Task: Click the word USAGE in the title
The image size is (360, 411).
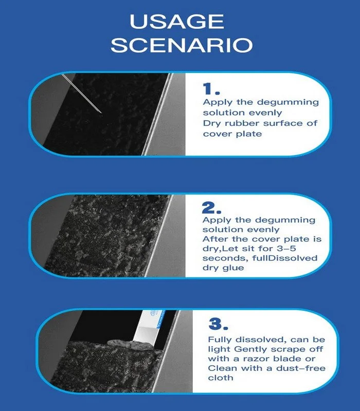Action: point(177,22)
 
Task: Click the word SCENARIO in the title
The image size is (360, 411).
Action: point(182,45)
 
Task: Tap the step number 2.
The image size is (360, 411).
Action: point(211,208)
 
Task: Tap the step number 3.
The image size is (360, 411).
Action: point(218,324)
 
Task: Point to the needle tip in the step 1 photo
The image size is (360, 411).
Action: point(101,113)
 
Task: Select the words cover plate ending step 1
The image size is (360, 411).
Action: point(232,134)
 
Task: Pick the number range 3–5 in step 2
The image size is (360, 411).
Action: point(286,248)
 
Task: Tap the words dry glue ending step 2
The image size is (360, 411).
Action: point(223,268)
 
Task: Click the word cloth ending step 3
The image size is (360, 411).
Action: point(221,378)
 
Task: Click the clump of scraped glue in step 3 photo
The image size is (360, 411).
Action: point(130,345)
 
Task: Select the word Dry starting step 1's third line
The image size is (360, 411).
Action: point(212,123)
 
